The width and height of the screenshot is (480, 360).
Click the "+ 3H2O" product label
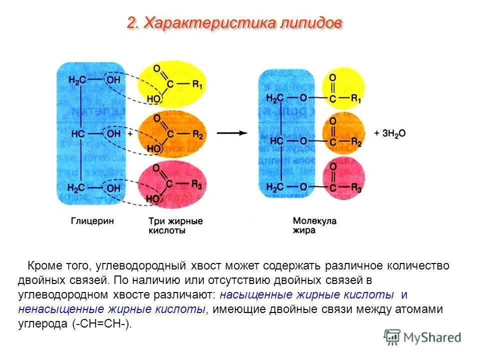(x=390, y=133)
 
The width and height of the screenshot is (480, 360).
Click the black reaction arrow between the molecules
(x=232, y=133)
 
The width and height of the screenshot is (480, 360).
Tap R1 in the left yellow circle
(x=197, y=85)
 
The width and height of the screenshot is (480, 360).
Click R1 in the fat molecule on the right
(x=356, y=98)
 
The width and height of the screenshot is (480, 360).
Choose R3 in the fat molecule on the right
(x=356, y=187)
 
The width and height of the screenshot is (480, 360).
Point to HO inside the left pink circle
(x=153, y=199)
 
